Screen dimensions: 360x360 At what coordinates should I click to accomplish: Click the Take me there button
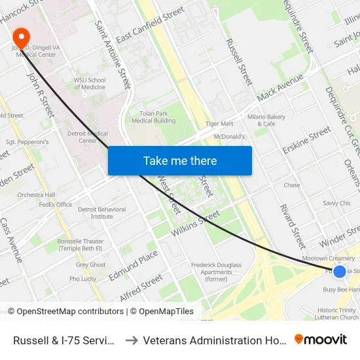179,161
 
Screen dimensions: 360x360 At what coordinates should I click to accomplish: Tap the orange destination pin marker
21,36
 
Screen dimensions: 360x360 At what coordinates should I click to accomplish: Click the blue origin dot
339,271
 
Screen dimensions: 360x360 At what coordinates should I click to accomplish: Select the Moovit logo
321,340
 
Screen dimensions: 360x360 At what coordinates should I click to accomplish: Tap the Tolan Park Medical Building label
154,117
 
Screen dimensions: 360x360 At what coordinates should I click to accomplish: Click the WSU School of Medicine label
89,83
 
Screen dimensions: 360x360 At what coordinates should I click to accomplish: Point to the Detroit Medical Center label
88,137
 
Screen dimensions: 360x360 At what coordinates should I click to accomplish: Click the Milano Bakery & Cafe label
266,120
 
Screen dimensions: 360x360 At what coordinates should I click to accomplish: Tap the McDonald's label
229,137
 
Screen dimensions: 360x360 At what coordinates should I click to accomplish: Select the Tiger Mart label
219,124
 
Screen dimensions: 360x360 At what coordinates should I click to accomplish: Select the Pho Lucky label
82,279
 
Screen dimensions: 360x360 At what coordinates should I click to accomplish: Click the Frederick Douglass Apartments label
211,272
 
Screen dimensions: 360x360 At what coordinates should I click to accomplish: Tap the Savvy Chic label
337,204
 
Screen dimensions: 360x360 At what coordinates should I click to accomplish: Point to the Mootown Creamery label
329,259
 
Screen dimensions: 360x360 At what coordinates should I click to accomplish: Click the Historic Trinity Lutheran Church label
338,314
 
